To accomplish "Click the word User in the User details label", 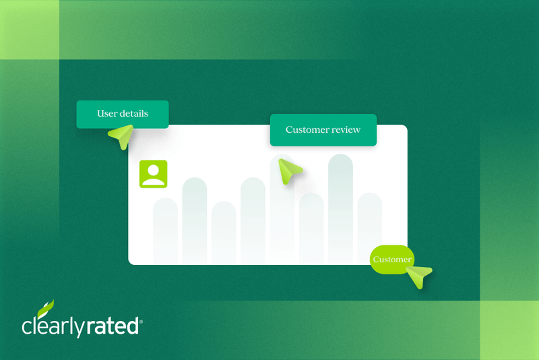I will (x=108, y=113).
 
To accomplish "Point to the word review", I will (x=346, y=129).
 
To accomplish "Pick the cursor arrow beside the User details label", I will (x=121, y=136).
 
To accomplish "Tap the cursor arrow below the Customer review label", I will (x=290, y=171).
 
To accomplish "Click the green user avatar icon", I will (x=153, y=174).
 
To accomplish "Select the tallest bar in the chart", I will (x=340, y=209).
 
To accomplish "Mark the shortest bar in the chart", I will (x=224, y=233).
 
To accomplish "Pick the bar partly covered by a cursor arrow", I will (x=282, y=216).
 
